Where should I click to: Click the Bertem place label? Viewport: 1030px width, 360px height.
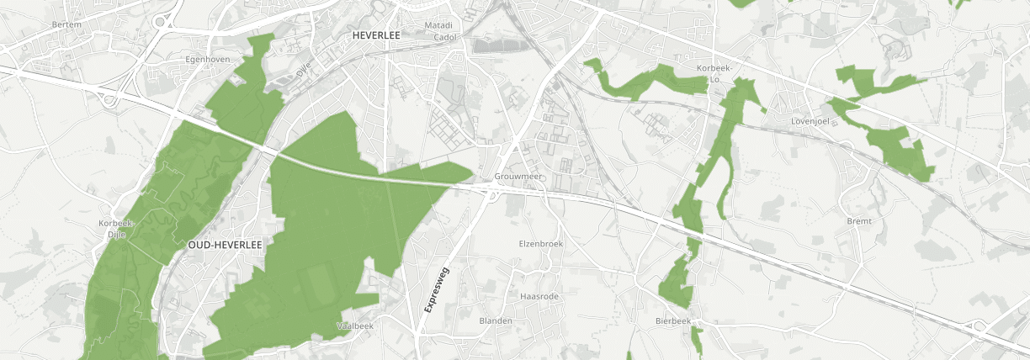(x=66, y=24)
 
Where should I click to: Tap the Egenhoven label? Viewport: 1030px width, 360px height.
(x=207, y=60)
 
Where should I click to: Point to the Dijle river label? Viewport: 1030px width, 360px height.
(x=305, y=72)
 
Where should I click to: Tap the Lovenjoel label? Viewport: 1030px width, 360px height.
(x=811, y=121)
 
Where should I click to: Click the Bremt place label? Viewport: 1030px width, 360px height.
(x=860, y=220)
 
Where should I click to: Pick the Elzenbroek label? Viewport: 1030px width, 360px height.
(x=540, y=243)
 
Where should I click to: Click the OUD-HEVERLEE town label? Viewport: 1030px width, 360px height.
(x=226, y=244)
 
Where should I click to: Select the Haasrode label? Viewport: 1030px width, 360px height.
(x=540, y=297)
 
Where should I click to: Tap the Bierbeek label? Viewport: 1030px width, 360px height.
(x=673, y=321)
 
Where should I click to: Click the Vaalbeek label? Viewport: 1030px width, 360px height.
(x=353, y=325)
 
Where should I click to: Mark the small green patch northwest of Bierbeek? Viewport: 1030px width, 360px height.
(x=676, y=282)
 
